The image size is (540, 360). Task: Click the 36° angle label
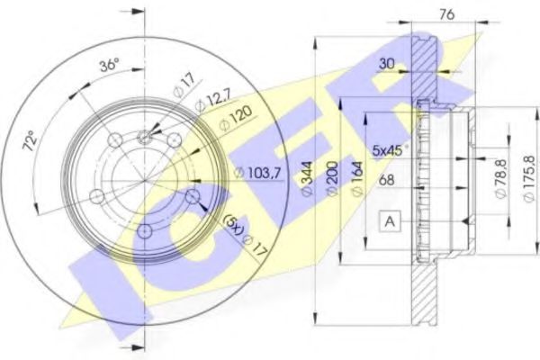click(x=109, y=66)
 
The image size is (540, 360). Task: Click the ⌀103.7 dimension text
click(x=255, y=171)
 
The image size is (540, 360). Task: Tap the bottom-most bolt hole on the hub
click(x=144, y=232)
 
